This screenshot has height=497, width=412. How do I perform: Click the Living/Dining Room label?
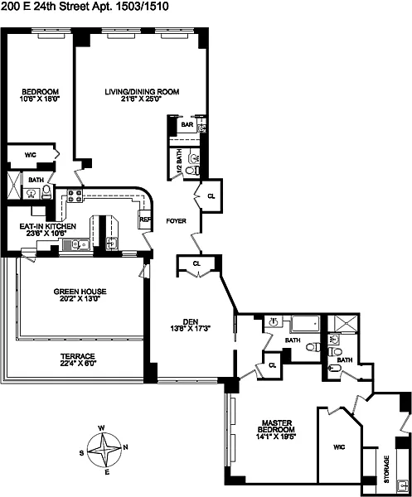pyautogui.click(x=142, y=92)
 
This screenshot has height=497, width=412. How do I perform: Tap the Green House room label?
pyautogui.click(x=80, y=292)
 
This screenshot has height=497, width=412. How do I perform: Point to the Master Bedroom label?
pyautogui.click(x=276, y=426)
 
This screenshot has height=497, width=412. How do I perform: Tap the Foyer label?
pyautogui.click(x=176, y=221)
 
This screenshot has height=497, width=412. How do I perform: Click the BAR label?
pyautogui.click(x=187, y=124)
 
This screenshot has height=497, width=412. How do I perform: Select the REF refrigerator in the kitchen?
pyautogui.click(x=144, y=220)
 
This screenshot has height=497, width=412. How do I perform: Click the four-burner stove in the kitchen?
pyautogui.click(x=75, y=195)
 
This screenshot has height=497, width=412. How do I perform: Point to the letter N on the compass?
pyautogui.click(x=126, y=447)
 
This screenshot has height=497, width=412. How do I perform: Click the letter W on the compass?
pyautogui.click(x=101, y=428)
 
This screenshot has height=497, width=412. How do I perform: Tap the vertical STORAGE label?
pyautogui.click(x=386, y=469)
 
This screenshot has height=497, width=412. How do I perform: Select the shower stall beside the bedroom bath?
pyautogui.click(x=14, y=185)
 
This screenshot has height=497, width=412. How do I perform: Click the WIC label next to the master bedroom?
pyautogui.click(x=339, y=447)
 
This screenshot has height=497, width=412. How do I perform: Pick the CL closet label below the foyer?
pyautogui.click(x=196, y=263)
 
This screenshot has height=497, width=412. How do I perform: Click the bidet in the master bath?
pyautogui.click(x=335, y=369)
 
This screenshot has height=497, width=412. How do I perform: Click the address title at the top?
pyautogui.click(x=85, y=7)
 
